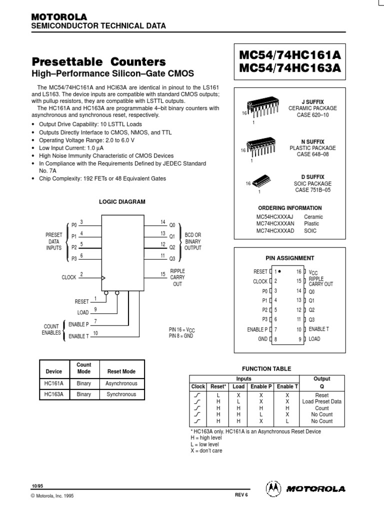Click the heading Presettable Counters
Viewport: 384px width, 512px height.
click(98, 62)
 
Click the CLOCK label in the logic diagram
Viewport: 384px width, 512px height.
click(69, 276)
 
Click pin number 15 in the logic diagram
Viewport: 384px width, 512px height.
click(163, 273)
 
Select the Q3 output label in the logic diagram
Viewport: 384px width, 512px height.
click(172, 258)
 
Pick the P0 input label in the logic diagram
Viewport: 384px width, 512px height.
click(74, 224)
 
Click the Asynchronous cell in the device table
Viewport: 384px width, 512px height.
click(121, 383)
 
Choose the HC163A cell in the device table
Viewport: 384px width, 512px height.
click(53, 394)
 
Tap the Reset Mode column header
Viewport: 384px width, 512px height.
click(121, 371)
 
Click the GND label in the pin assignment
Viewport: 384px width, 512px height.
click(263, 339)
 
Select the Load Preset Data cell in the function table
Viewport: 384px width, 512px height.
click(322, 401)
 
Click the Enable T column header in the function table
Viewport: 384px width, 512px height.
click(287, 386)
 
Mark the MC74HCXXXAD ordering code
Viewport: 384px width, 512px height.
click(275, 231)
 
